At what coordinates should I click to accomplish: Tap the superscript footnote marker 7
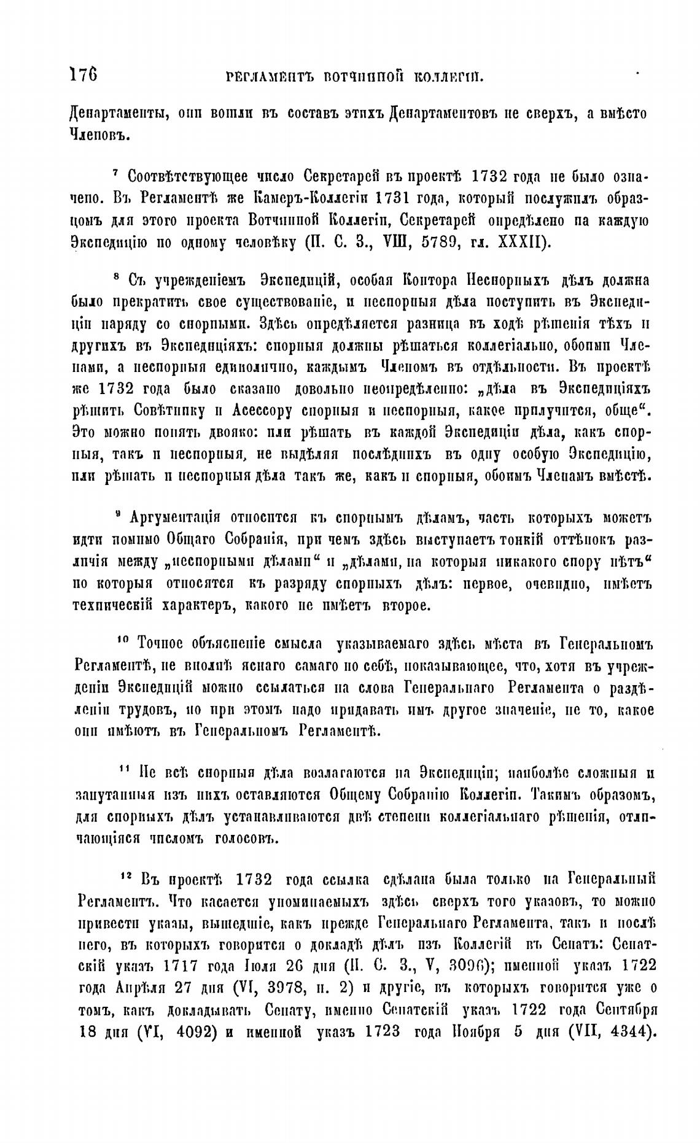coord(116,174)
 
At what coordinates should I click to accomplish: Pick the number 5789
coord(434,241)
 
